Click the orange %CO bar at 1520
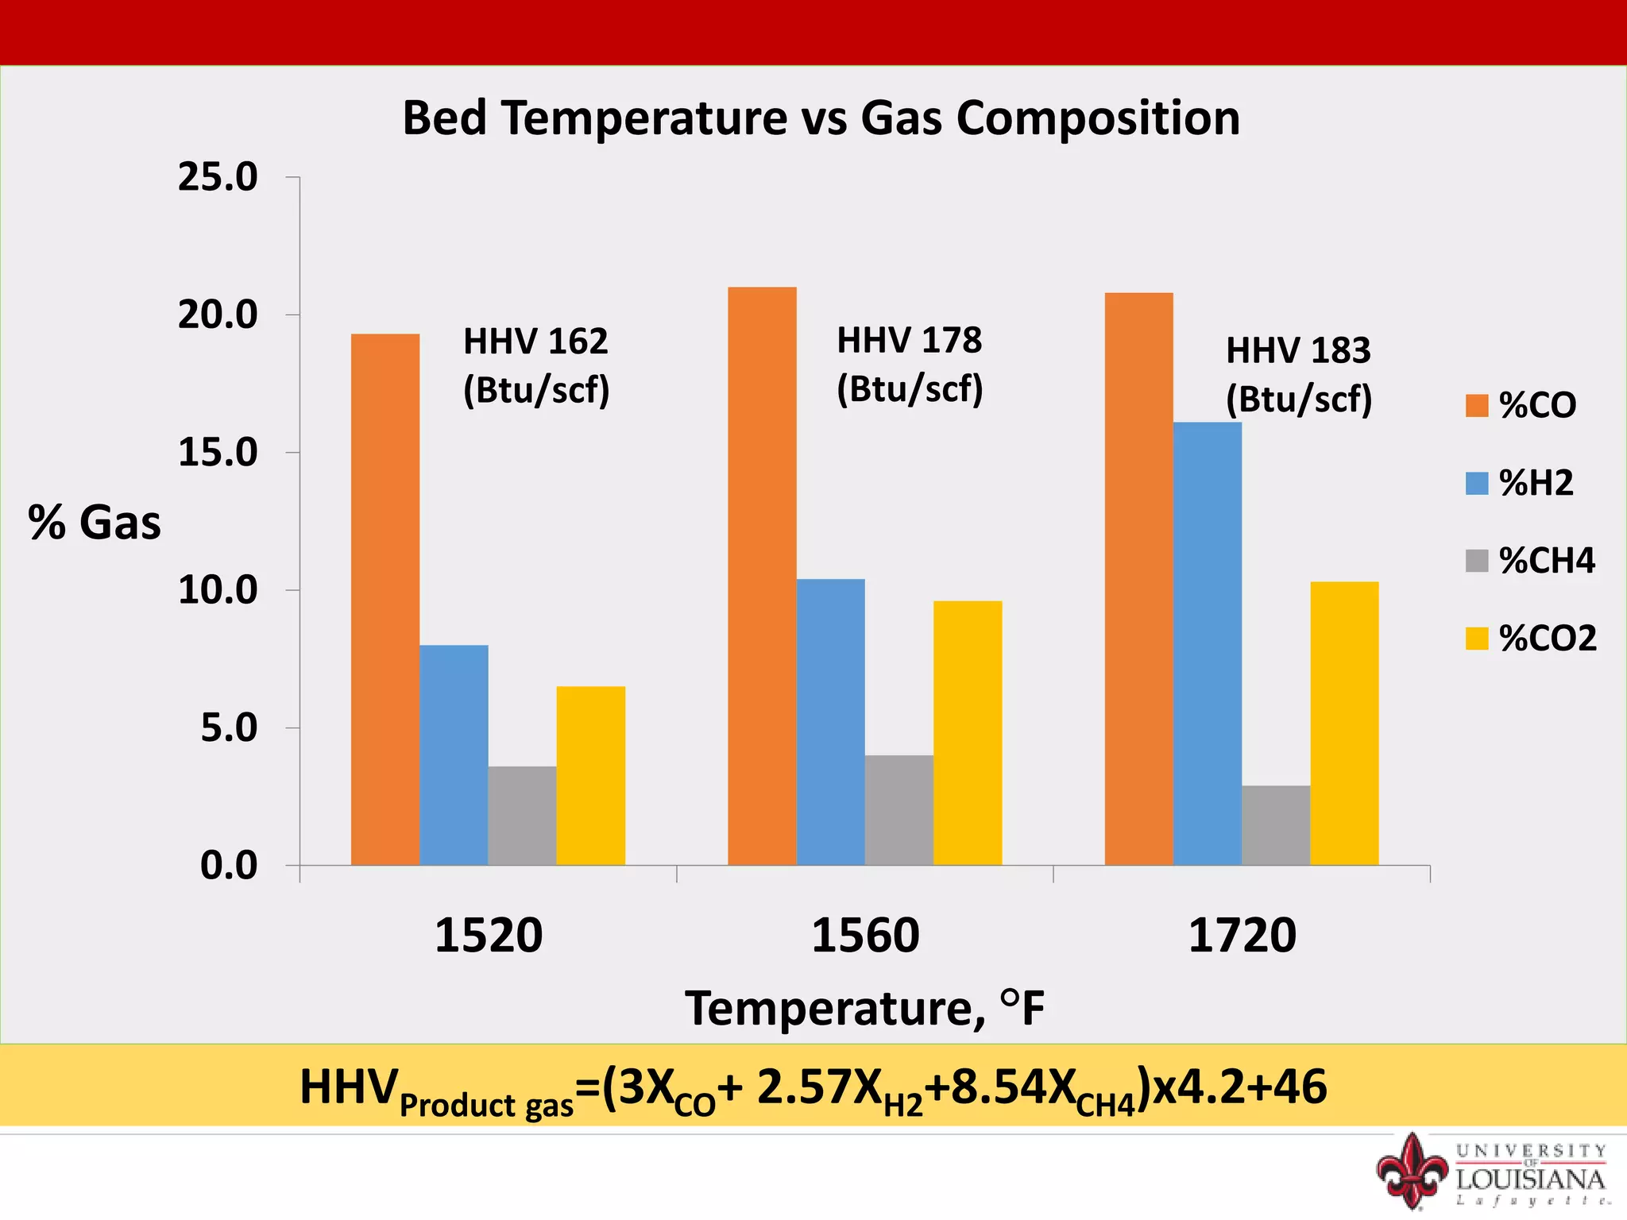click(x=385, y=600)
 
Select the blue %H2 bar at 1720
click(x=1207, y=643)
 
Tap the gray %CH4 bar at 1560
click(x=899, y=810)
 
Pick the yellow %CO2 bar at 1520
click(x=590, y=775)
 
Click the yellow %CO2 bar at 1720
click(x=1344, y=723)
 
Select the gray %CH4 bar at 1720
click(x=1275, y=825)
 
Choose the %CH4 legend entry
click(x=1530, y=561)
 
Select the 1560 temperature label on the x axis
click(x=865, y=935)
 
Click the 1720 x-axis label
click(x=1242, y=935)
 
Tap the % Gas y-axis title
click(x=95, y=523)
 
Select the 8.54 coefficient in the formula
click(x=997, y=1087)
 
